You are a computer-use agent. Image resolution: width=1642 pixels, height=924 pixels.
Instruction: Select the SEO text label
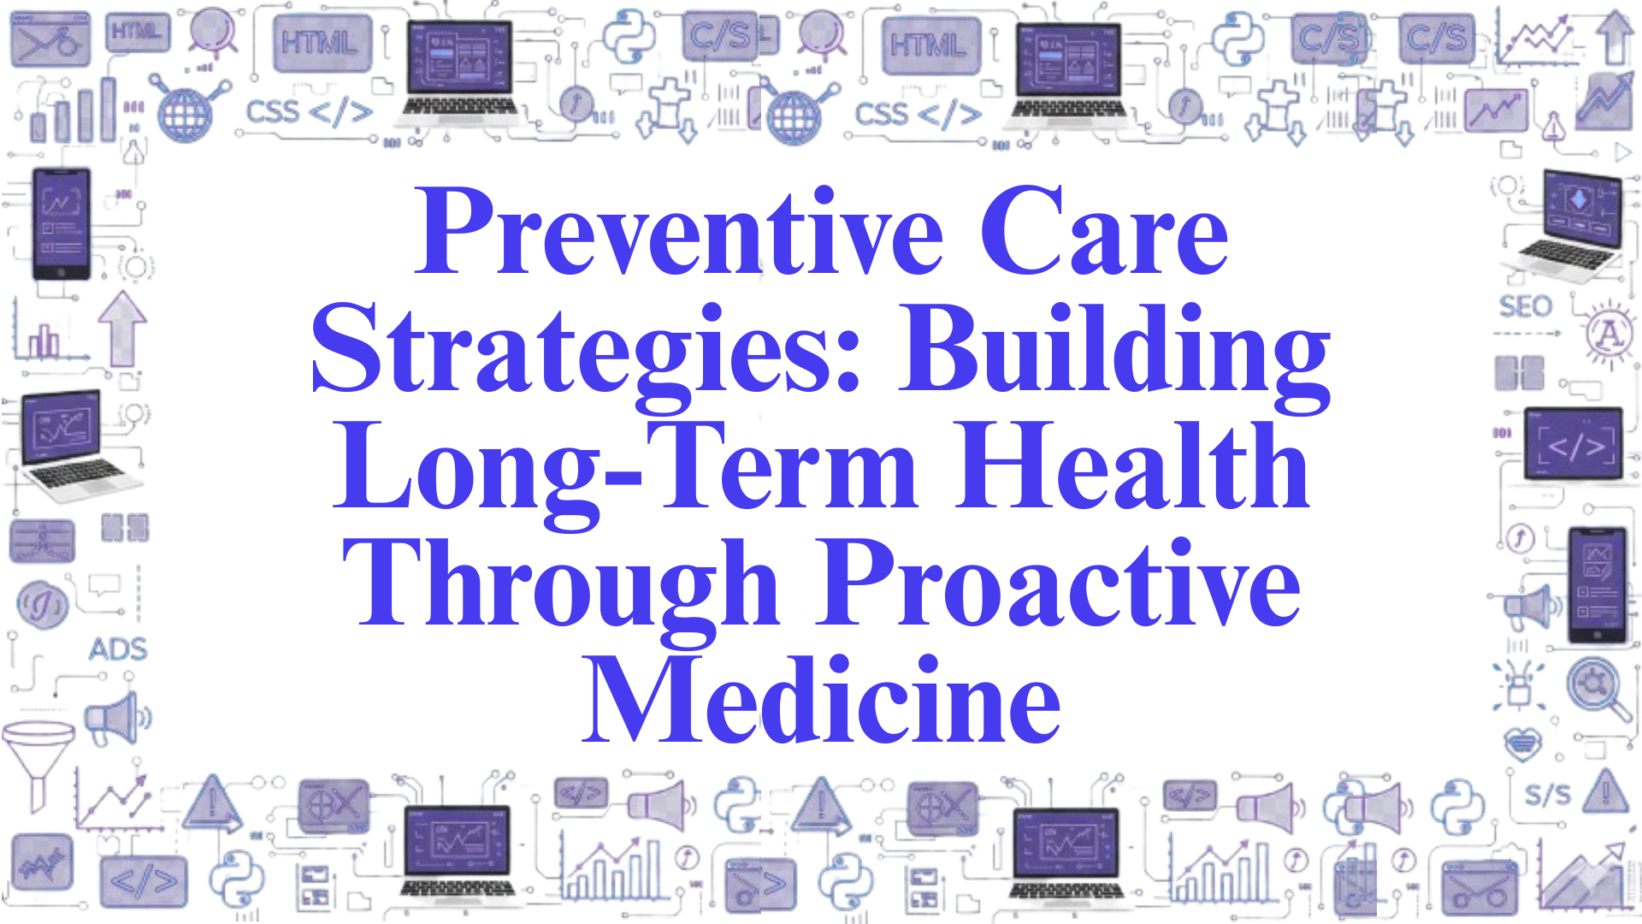point(1525,306)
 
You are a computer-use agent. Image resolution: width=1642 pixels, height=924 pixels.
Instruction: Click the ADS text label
point(118,649)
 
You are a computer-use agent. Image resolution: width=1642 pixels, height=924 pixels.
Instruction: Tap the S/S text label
point(1548,795)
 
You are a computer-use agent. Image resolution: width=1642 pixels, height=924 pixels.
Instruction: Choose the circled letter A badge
point(1610,334)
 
